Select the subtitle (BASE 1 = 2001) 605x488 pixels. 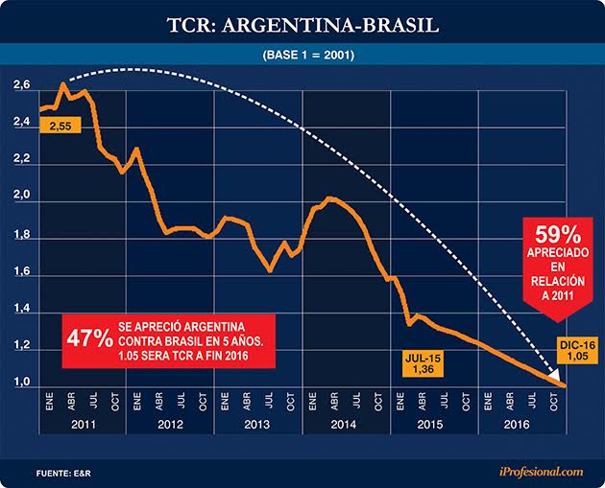coord(302,55)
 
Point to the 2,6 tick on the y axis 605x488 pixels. coord(21,88)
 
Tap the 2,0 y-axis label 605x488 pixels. coord(21,198)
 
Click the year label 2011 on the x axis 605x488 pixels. coord(83,424)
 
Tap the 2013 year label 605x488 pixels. coord(258,424)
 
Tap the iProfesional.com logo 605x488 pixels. coord(540,471)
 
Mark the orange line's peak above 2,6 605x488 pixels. coord(62,84)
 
